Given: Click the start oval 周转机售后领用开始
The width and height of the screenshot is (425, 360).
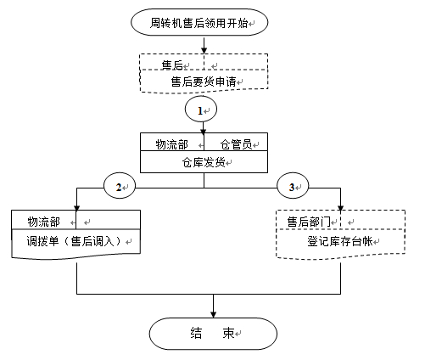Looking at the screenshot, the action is [x=199, y=22].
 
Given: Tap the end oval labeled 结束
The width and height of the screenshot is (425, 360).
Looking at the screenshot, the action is [x=213, y=334].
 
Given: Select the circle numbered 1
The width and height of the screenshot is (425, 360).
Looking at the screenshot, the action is [x=201, y=110].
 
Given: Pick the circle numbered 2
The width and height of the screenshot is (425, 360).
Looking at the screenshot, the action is [x=120, y=186].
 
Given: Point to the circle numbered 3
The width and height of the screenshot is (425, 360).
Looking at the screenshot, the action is [x=293, y=186].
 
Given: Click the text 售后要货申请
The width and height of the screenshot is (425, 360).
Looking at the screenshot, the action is [x=204, y=82].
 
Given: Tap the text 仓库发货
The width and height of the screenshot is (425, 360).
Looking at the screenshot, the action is [x=204, y=162].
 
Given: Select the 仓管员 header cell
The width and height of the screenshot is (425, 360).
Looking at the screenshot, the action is [x=236, y=144].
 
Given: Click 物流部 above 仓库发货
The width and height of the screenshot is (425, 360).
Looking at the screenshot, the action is [x=171, y=144].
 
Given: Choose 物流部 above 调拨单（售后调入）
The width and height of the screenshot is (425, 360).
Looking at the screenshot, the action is [x=43, y=222].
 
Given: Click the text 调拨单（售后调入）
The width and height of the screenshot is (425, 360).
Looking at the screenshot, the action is [x=74, y=241].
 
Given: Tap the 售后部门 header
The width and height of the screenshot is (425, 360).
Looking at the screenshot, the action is [x=309, y=222].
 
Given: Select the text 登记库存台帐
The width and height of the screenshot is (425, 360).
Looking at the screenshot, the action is [x=340, y=241].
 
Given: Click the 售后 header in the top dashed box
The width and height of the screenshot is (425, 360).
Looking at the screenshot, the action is [x=172, y=65].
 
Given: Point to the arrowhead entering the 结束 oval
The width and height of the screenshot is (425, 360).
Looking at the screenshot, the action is [x=214, y=314].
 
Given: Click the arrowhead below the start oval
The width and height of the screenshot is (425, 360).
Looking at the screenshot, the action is [x=204, y=50].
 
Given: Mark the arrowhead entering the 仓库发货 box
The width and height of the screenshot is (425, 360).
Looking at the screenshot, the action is [x=204, y=131].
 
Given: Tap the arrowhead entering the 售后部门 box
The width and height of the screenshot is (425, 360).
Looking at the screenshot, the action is [x=340, y=208].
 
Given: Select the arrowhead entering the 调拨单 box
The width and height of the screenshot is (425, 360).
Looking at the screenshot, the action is [x=76, y=208].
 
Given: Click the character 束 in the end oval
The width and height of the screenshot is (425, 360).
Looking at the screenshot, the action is [x=228, y=333].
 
